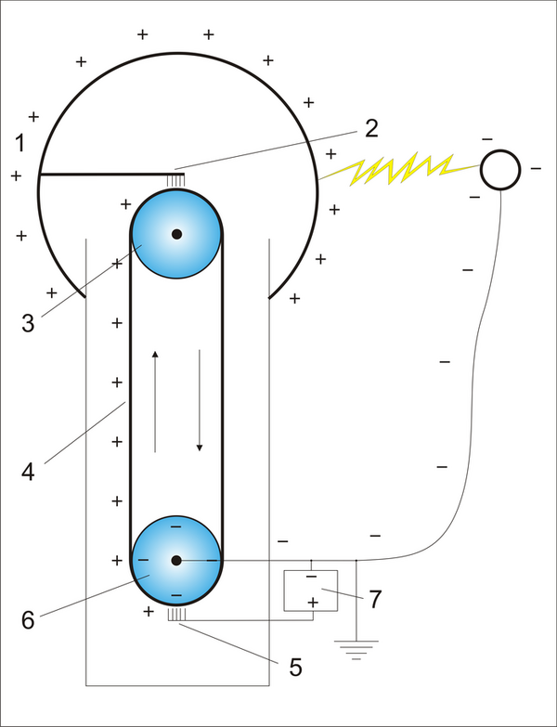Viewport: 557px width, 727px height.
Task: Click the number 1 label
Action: [20, 144]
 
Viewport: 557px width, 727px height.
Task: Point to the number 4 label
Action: [29, 471]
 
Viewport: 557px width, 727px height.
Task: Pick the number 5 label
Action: [296, 666]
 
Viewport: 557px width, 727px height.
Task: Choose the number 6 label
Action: [28, 620]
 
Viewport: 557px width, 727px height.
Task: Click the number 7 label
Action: [374, 599]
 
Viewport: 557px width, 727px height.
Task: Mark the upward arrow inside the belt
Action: [155, 399]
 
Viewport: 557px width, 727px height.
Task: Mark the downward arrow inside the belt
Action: [200, 399]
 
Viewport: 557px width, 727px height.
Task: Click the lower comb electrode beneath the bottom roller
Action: [176, 615]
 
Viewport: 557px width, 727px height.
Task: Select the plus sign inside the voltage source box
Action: [312, 603]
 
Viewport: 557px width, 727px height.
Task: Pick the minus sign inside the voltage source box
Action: [312, 578]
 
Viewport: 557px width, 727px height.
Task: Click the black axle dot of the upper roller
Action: [176, 234]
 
